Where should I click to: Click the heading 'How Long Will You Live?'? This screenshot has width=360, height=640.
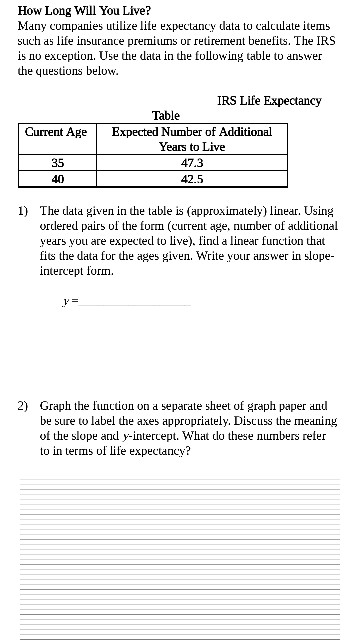pyautogui.click(x=78, y=11)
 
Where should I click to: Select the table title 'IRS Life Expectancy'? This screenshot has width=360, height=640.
pyautogui.click(x=269, y=100)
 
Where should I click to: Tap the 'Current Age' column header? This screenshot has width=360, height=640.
pyautogui.click(x=56, y=132)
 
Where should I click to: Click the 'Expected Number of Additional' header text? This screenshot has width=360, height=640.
pyautogui.click(x=192, y=132)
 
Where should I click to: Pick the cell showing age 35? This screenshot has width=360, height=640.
pyautogui.click(x=57, y=162)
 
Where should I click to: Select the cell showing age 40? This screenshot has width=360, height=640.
pyautogui.click(x=57, y=179)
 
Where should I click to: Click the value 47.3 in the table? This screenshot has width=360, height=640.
pyautogui.click(x=192, y=162)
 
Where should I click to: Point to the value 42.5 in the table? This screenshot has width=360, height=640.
pyautogui.click(x=192, y=179)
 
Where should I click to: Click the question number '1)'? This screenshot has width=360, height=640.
pyautogui.click(x=24, y=212)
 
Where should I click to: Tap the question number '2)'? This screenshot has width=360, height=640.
pyautogui.click(x=24, y=407)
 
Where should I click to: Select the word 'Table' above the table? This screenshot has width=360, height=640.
pyautogui.click(x=165, y=116)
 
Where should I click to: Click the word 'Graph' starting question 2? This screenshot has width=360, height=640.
pyautogui.click(x=56, y=407)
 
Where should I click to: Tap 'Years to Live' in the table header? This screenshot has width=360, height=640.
pyautogui.click(x=192, y=146)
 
